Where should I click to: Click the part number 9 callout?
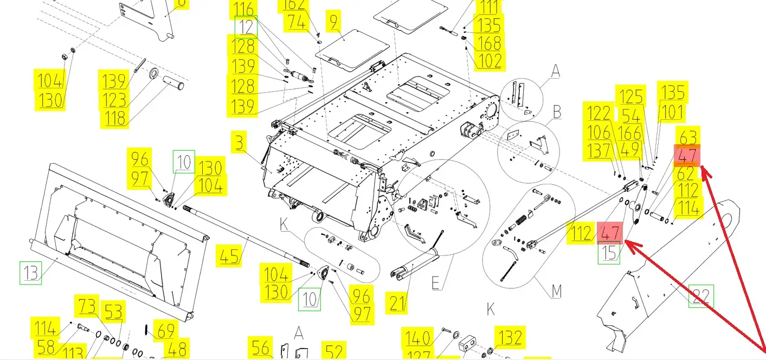pyautogui.click(x=332, y=22)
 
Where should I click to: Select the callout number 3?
pyautogui.click(x=239, y=144)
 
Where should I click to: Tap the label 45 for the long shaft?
pyautogui.click(x=230, y=255)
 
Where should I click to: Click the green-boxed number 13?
pyautogui.click(x=31, y=273)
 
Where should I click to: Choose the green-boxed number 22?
pyautogui.click(x=701, y=296)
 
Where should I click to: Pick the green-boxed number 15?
pyautogui.click(x=610, y=254)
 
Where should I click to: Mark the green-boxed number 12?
pyautogui.click(x=246, y=27)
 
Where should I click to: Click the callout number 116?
pyautogui.click(x=243, y=9)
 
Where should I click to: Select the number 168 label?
pyautogui.click(x=489, y=42)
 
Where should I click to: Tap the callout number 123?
pyautogui.click(x=114, y=100)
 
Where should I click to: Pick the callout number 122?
pyautogui.click(x=599, y=114)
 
